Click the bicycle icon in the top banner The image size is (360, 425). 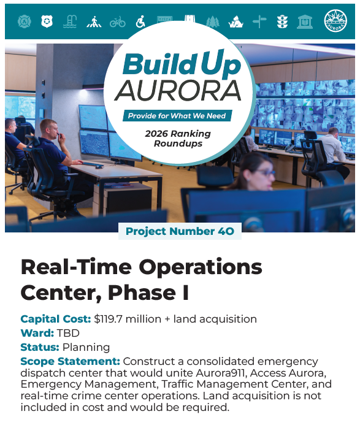point(117,22)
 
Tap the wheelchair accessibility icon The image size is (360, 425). point(140,22)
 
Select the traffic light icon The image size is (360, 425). point(282,22)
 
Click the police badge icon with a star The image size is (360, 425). point(46,22)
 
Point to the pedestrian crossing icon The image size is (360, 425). point(94,22)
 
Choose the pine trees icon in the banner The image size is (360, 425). point(212,22)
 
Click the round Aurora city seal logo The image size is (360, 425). point(335,21)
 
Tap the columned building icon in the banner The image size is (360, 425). point(305,22)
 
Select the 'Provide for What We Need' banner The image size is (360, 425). point(177,116)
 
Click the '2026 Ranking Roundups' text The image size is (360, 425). point(178,139)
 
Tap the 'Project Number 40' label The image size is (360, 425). point(180,231)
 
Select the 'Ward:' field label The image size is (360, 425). point(37,333)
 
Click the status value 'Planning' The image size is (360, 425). point(90,348)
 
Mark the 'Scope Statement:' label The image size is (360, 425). point(70,361)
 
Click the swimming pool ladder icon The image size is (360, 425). point(71,22)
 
